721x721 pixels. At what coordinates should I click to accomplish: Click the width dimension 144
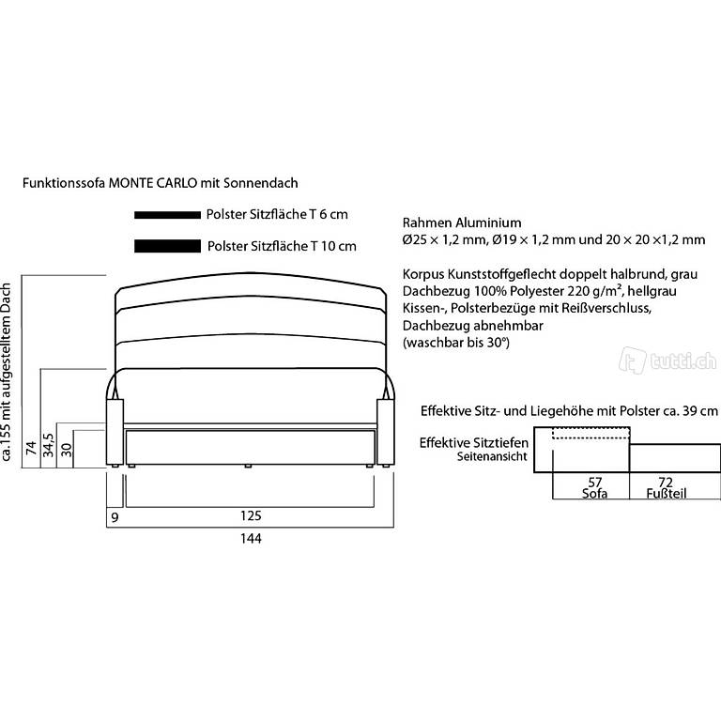249,539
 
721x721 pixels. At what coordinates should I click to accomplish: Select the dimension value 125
249,515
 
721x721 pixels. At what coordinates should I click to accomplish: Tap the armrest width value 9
115,515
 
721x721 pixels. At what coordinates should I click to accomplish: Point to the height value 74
31,447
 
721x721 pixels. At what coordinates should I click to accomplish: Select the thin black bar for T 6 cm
167,215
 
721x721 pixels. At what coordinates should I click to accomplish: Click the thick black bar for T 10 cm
167,247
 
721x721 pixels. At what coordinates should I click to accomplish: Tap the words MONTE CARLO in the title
146,184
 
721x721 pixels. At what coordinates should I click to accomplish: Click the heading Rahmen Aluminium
461,223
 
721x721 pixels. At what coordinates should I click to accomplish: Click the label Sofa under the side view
594,494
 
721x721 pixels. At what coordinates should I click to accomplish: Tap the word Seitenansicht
491,457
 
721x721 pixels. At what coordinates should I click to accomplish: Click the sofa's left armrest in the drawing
115,432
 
